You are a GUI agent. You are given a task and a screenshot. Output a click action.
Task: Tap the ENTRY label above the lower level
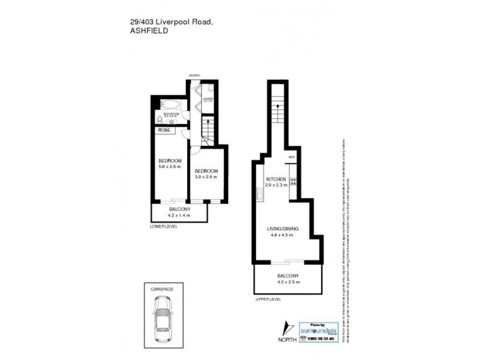(194, 75)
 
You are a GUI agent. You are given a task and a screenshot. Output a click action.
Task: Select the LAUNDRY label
(208, 98)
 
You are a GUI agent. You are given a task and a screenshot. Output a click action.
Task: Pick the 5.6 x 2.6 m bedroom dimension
(170, 167)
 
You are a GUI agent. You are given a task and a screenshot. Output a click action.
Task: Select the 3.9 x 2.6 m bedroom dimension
(206, 177)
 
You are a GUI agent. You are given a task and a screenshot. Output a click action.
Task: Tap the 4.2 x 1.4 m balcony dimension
(179, 215)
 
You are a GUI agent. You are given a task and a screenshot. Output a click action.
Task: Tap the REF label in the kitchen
(292, 158)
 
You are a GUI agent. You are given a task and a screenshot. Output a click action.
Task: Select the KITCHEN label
(277, 179)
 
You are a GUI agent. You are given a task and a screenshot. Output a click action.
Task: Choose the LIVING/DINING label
(283, 229)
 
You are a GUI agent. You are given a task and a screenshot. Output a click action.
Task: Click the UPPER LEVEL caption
(268, 298)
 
